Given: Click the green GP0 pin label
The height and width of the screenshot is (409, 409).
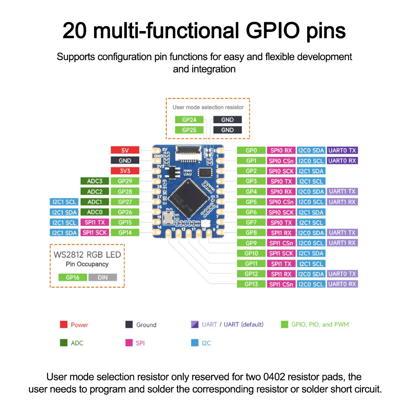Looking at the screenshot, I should coord(251,151).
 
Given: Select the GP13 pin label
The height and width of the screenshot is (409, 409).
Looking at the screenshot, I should coord(251,284).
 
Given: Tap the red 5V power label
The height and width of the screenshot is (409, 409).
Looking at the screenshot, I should coord(125,151).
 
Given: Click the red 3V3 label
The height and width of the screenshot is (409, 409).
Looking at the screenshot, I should coord(125,171).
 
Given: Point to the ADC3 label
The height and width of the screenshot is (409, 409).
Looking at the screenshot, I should coord(94,181).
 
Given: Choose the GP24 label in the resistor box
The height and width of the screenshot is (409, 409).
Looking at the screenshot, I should coord(189,120).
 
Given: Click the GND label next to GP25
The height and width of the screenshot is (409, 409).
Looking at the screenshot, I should coord(227,130).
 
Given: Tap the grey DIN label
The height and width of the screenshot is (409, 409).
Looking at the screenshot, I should coord(102,277).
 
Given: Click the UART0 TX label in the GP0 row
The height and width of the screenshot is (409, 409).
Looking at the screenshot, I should coord(342,151).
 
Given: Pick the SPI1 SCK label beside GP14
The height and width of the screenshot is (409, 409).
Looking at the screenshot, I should coord(94,233).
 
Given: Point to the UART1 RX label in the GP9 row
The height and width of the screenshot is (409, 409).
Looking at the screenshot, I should coord(342,243).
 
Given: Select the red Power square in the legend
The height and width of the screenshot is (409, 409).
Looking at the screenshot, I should coord(63,325).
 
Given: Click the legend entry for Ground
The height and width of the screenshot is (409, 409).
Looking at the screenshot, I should coord(146,325).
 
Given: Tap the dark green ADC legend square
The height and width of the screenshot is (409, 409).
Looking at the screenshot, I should coord(63,343).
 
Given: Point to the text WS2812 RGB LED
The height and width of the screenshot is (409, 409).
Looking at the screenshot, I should coord(88,255).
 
